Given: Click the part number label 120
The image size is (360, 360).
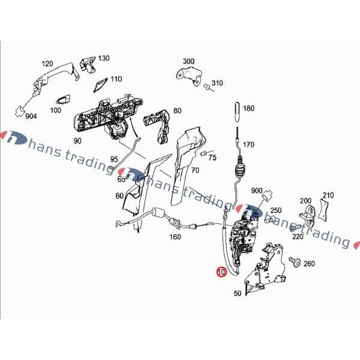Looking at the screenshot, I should (47, 64).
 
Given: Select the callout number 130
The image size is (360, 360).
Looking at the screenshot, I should (104, 58).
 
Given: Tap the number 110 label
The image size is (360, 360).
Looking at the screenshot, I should (116, 79).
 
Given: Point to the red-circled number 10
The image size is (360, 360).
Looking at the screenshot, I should (221, 271).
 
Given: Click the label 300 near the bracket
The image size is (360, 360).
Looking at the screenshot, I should (188, 61).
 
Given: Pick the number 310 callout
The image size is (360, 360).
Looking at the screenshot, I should (217, 83).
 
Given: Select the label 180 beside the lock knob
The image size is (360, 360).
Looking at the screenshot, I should (248, 109).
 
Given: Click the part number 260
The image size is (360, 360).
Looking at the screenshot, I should (309, 263).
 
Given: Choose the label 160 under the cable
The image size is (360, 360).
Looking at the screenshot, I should (175, 236).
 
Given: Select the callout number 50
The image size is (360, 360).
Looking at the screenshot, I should (237, 293).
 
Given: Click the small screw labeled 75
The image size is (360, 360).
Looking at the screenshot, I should (204, 155).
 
